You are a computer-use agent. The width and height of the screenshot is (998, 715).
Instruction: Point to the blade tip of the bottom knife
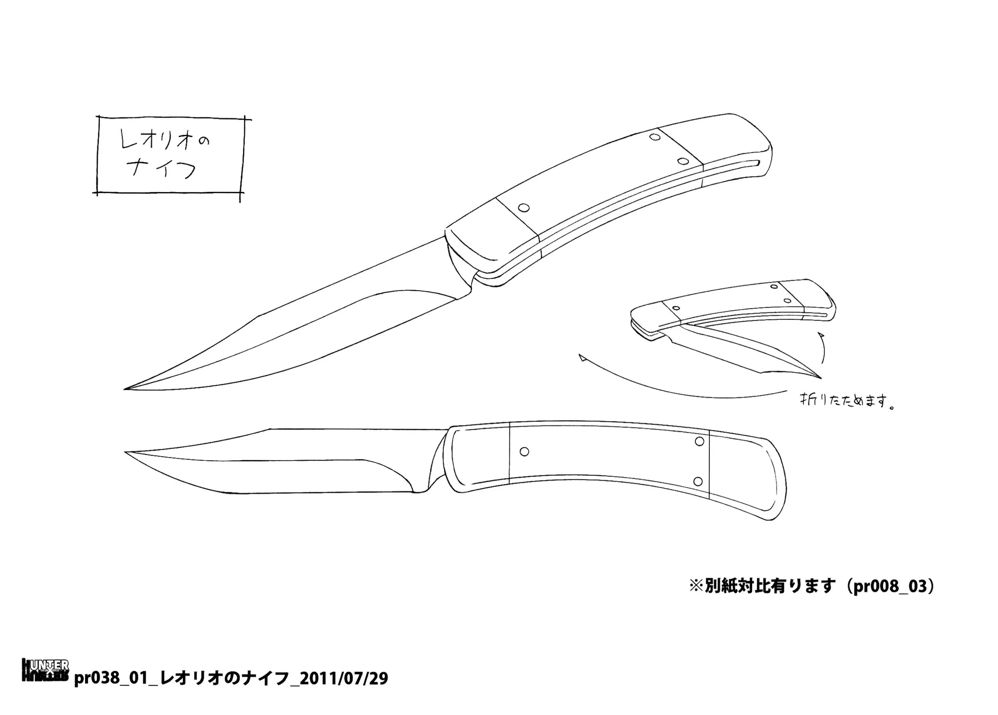(x=126, y=452)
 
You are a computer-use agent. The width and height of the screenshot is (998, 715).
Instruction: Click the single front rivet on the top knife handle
(x=524, y=207)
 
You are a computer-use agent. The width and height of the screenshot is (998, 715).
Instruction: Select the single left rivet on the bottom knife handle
(x=524, y=452)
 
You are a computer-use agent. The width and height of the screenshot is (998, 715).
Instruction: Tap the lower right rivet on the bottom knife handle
(x=698, y=481)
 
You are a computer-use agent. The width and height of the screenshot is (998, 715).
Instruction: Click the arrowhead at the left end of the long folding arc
(x=582, y=358)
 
